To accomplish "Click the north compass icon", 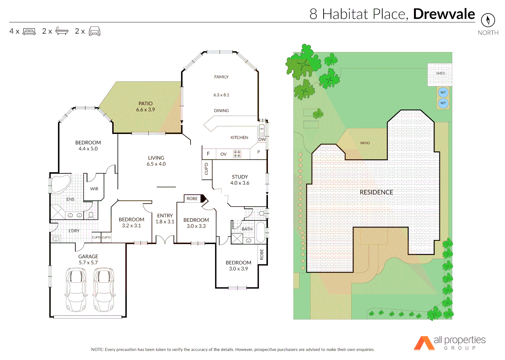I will [x=488, y=20].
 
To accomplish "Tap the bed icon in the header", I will [x=29, y=31].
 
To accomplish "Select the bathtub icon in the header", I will [x=62, y=31].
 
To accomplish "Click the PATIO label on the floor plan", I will [x=145, y=104].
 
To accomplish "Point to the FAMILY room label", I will [x=221, y=77].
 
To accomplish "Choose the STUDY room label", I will [x=240, y=177].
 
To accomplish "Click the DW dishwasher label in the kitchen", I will [x=262, y=140].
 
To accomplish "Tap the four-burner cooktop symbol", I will [x=237, y=154].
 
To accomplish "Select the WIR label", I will [x=94, y=189].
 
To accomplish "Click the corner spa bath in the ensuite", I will [x=61, y=183].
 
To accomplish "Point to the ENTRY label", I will [x=165, y=216].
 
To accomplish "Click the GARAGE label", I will [x=88, y=257].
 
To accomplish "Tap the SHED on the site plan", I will [x=440, y=74].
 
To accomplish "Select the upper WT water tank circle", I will [x=443, y=92].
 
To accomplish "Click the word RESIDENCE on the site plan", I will [x=376, y=192].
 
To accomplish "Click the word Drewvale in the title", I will [x=444, y=14].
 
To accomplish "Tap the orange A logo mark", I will [x=424, y=343].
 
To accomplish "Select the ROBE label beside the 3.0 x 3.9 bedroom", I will [x=262, y=255].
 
